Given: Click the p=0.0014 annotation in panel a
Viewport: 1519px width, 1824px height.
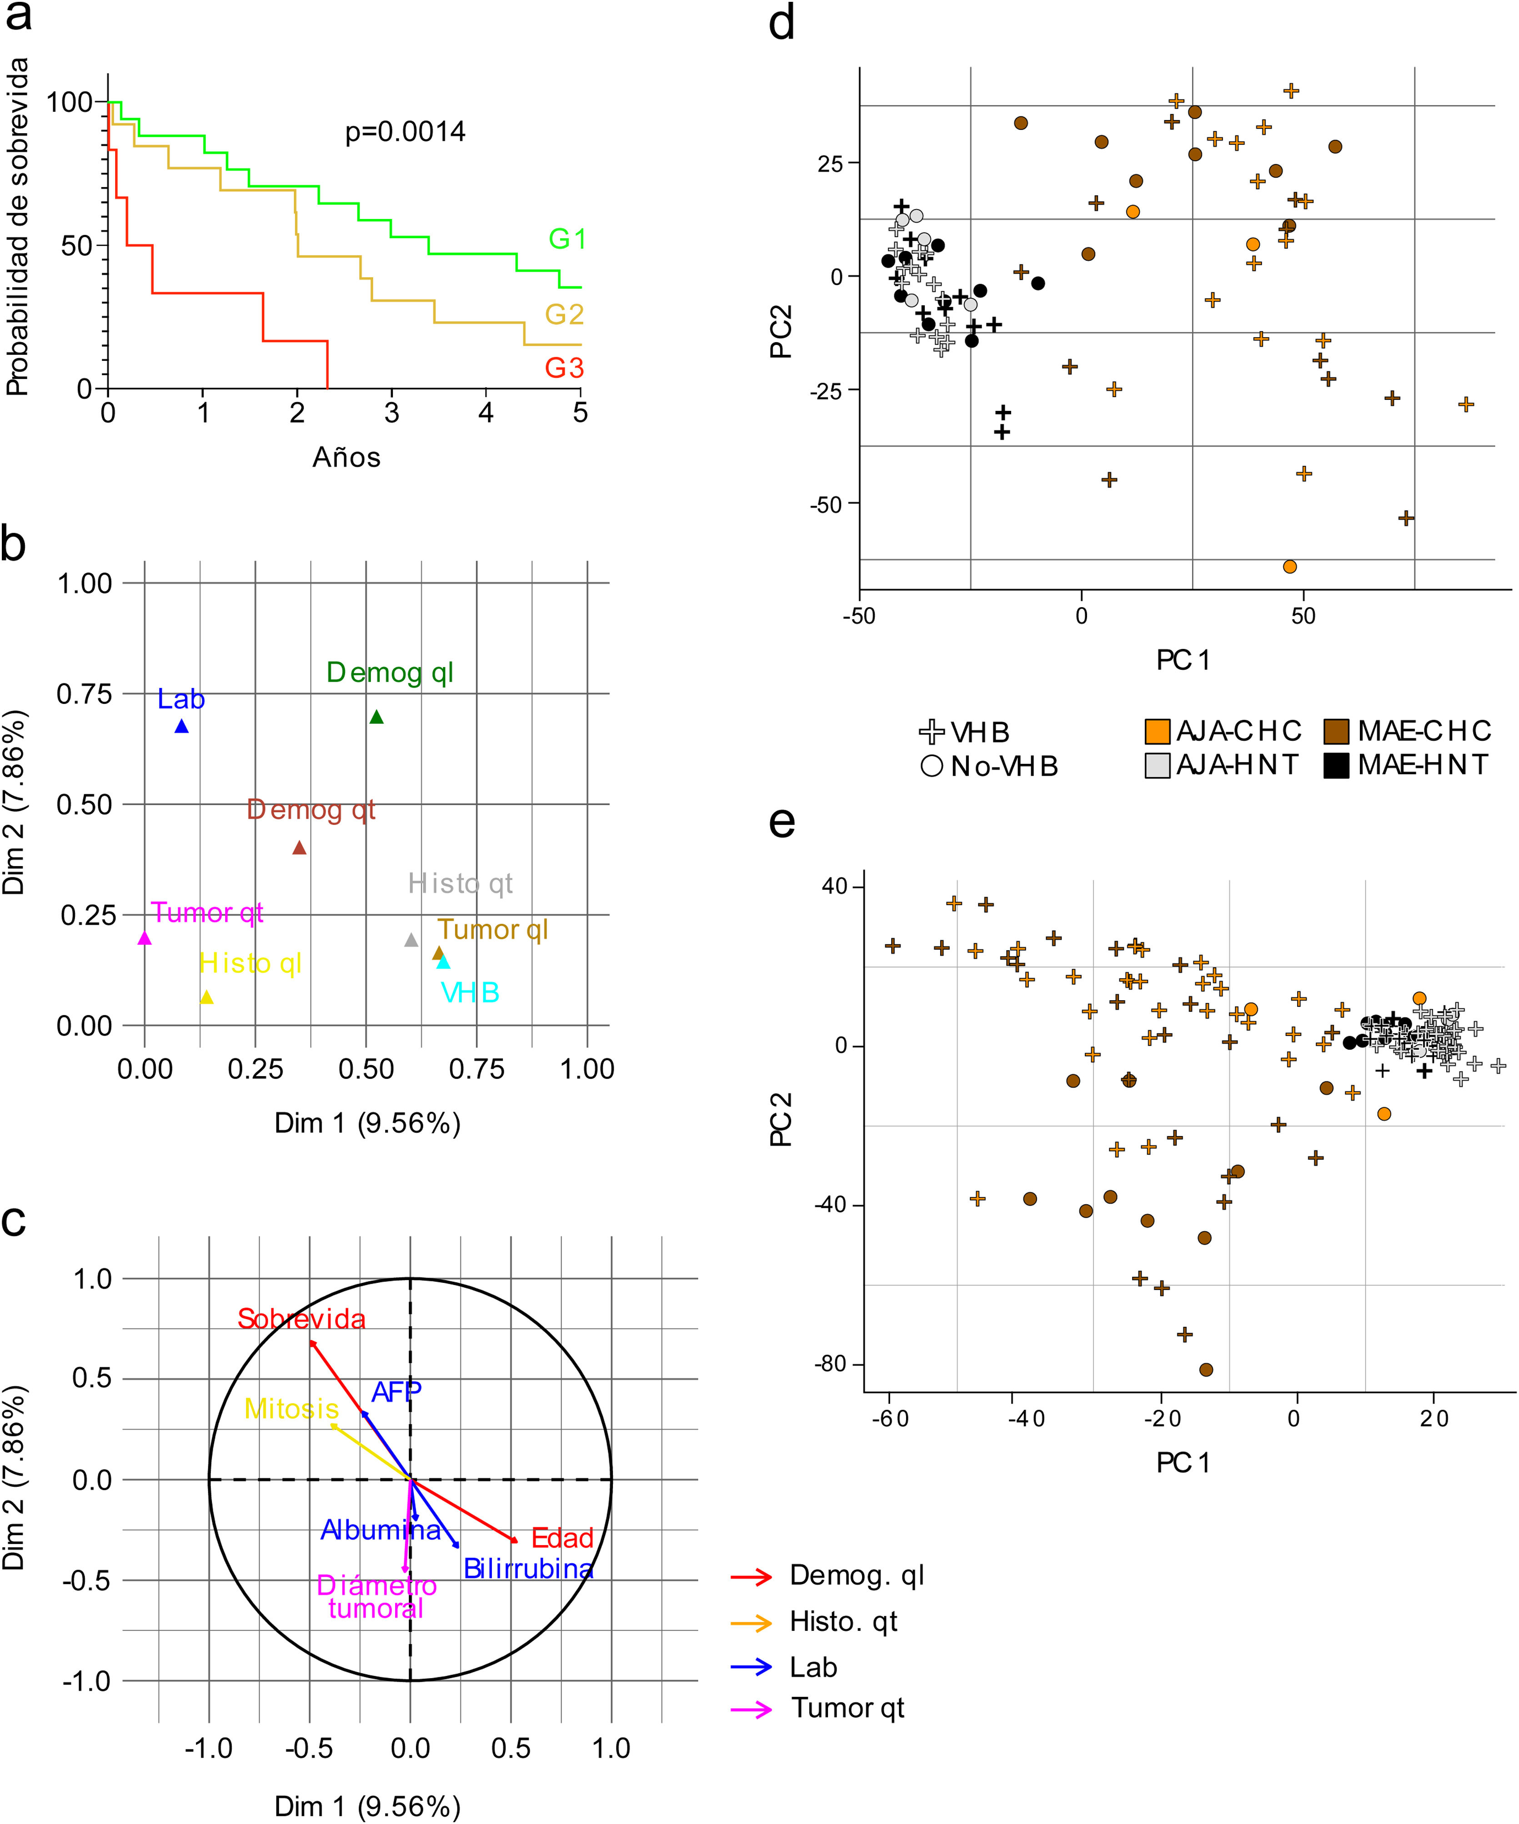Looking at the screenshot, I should [x=405, y=132].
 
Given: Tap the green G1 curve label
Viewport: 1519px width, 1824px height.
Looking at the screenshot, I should [x=566, y=239].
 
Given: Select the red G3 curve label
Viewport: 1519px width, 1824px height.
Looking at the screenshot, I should [x=564, y=368].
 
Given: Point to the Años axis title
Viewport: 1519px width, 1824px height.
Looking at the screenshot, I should [x=346, y=457].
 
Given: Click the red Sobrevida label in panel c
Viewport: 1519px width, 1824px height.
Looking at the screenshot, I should [x=301, y=1319].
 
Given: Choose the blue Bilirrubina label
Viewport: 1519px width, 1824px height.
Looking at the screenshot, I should [x=527, y=1569].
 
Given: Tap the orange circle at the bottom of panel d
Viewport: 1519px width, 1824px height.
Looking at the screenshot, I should [x=1289, y=566].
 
